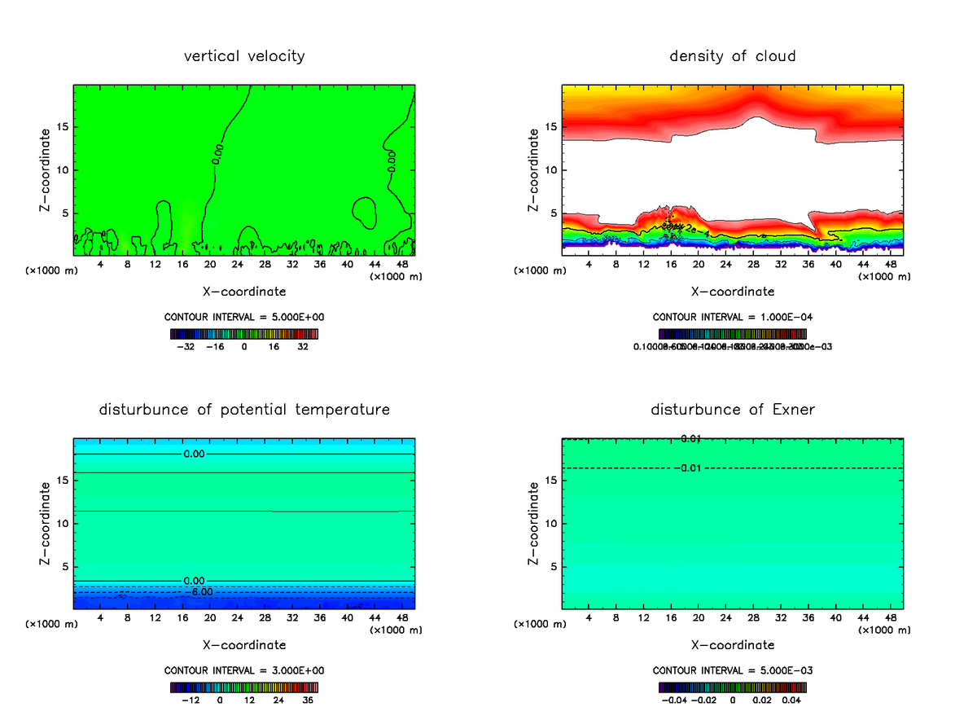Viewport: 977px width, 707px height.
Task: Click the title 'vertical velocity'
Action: click(244, 56)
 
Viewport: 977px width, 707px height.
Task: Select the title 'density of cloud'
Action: click(733, 56)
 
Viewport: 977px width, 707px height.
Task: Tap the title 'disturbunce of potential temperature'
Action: click(244, 409)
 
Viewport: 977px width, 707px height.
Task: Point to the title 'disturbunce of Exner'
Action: click(733, 409)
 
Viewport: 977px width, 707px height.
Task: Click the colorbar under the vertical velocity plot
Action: click(244, 334)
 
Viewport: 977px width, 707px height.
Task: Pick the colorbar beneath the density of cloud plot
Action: click(733, 334)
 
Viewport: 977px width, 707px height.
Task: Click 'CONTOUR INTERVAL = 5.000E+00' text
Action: click(244, 317)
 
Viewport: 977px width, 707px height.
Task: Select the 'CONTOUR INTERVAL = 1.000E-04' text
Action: click(733, 317)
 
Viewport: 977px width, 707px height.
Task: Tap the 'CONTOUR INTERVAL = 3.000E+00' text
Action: click(244, 670)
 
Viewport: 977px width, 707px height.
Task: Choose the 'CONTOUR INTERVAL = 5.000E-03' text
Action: click(733, 670)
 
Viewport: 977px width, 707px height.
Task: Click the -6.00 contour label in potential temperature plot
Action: click(201, 592)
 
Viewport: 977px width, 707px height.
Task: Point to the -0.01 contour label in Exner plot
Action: click(689, 468)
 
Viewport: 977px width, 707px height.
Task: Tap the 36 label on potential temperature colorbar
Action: click(309, 700)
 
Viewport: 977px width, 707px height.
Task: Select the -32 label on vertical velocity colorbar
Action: click(186, 346)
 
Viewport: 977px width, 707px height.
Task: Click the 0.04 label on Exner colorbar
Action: click(792, 700)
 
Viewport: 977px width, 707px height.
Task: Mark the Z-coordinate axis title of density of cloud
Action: click(534, 170)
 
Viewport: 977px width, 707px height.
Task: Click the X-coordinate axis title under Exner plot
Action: click(733, 645)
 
